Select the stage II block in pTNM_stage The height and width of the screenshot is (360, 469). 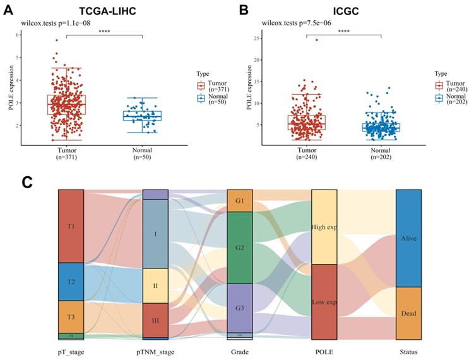point(155,285)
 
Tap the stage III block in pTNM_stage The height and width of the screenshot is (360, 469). point(155,320)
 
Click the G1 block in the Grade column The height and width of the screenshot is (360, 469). point(239,201)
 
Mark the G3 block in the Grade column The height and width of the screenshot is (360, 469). point(239,308)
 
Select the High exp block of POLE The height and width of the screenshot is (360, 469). point(324,227)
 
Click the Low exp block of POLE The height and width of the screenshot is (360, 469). point(324,302)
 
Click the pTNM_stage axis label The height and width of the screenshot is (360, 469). point(155,352)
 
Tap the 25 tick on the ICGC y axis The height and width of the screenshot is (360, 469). point(256,39)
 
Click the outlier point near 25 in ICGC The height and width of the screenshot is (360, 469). point(316,40)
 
